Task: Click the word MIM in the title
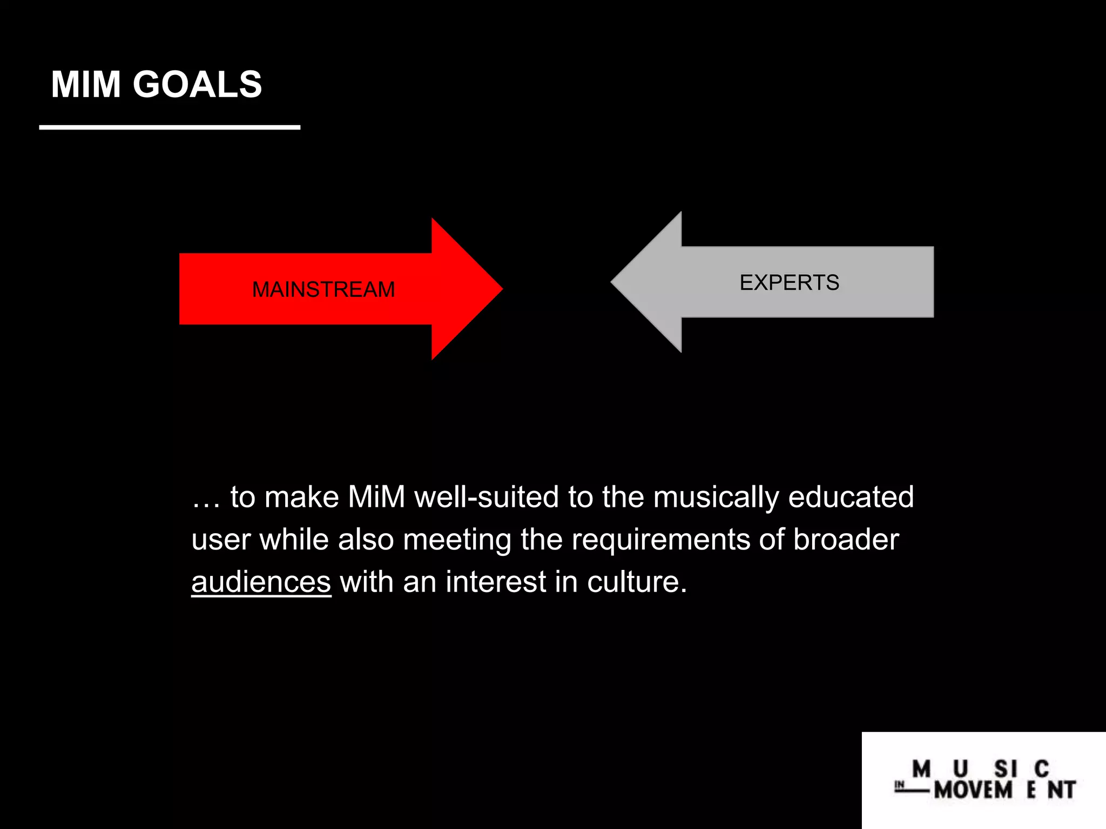point(85,85)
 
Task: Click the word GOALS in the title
point(197,85)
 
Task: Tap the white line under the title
point(170,127)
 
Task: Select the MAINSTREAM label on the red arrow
point(323,290)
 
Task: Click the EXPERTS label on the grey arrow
point(789,283)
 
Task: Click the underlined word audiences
point(261,582)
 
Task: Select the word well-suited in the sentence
point(486,497)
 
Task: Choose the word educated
point(851,497)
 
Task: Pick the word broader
point(846,539)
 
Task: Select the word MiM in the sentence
point(376,497)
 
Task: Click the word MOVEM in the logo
point(973,790)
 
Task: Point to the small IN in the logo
point(899,785)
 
